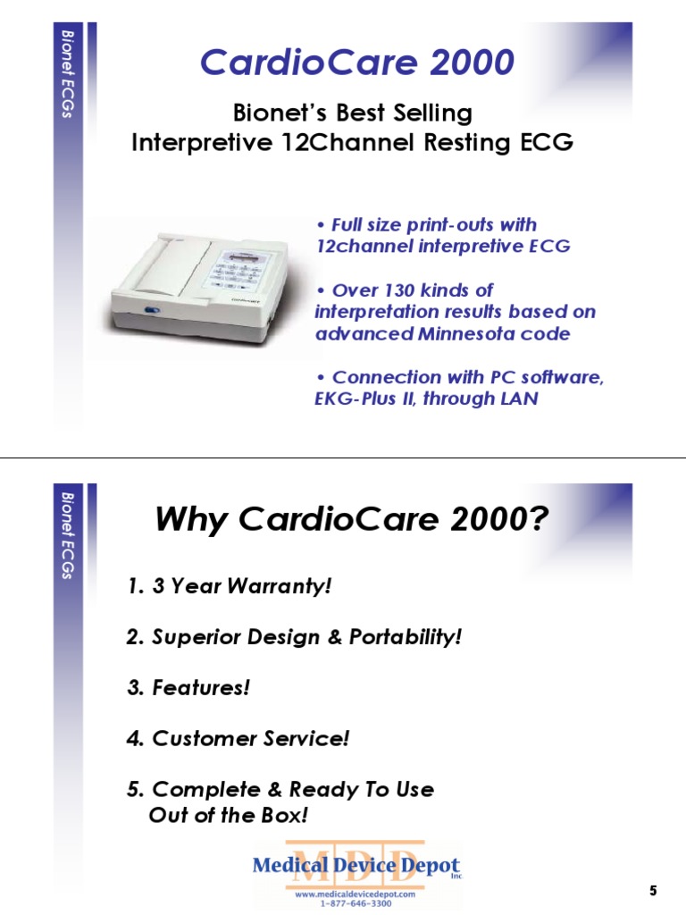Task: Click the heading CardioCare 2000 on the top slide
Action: pyautogui.click(x=356, y=63)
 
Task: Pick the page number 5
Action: pyautogui.click(x=653, y=890)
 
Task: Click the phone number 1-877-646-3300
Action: pyautogui.click(x=356, y=903)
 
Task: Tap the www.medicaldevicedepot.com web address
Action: pyautogui.click(x=356, y=894)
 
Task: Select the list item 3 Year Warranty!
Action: pyautogui.click(x=229, y=586)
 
